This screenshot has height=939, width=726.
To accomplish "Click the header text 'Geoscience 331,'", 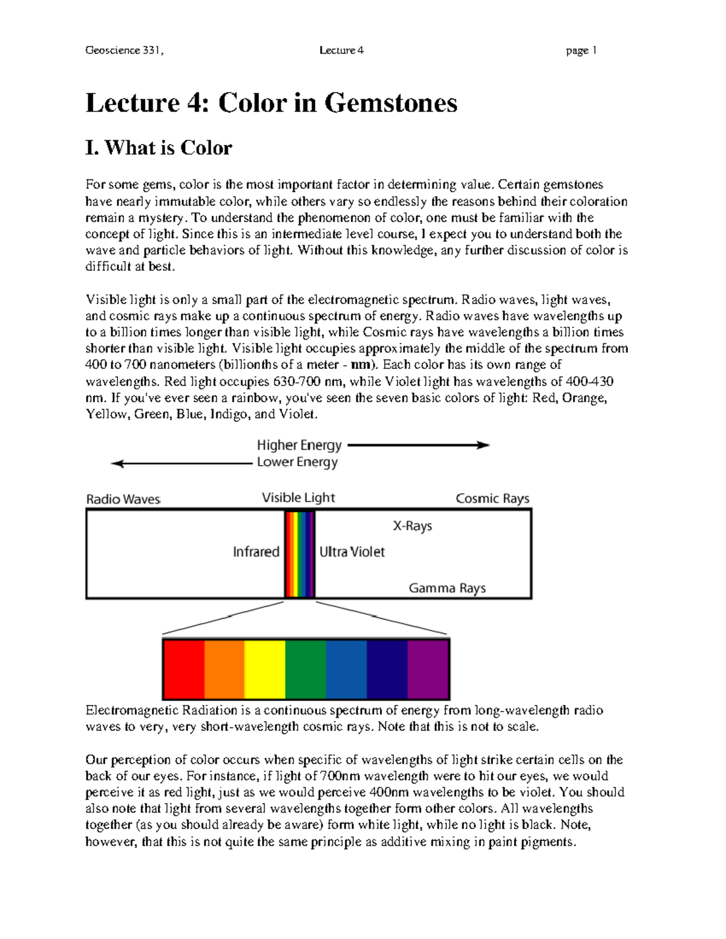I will [x=125, y=51].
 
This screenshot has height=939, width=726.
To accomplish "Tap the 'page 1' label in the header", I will [x=581, y=51].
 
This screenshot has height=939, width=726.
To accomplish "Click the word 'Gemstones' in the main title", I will [x=391, y=103].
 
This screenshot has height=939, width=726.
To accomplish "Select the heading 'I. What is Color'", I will [x=159, y=148].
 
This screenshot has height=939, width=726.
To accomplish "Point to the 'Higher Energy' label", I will [x=299, y=446].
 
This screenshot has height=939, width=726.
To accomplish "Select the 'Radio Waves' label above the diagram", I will [x=123, y=499].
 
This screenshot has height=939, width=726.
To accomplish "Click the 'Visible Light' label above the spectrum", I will [x=298, y=498].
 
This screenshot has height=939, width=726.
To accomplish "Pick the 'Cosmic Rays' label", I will [x=492, y=498].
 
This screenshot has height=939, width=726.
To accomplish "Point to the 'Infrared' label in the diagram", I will [x=256, y=551].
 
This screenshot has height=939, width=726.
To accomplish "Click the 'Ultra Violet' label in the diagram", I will [x=352, y=551].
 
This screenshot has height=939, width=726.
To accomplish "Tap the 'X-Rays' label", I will [x=412, y=526].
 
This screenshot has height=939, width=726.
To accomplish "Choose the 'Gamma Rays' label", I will [x=447, y=588].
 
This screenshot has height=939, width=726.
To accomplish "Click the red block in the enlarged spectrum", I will [x=184, y=669].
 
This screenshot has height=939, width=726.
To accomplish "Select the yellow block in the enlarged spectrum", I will [x=265, y=669].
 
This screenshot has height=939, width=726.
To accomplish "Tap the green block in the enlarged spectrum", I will [x=306, y=669].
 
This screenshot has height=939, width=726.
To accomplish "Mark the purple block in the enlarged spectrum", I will [x=428, y=669].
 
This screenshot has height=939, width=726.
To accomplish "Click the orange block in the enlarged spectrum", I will [x=224, y=669].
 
